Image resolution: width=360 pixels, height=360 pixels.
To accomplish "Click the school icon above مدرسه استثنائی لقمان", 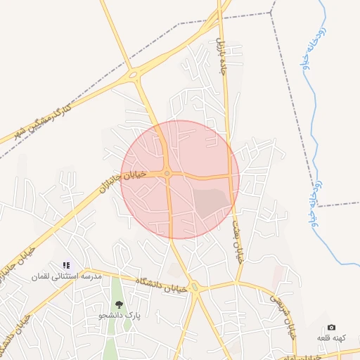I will (66, 265).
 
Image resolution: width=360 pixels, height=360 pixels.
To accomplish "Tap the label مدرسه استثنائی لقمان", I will (67, 276).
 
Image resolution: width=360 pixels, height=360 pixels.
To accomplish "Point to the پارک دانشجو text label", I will (120, 316).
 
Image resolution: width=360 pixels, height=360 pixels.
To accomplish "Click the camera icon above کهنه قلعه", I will (331, 328).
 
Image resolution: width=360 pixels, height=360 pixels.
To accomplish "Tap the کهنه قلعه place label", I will (330, 338).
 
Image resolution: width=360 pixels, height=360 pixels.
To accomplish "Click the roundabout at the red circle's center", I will (167, 174).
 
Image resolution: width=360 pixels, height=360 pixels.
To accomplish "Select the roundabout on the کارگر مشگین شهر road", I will (133, 75).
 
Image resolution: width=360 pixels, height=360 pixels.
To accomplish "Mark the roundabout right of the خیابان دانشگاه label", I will (195, 287).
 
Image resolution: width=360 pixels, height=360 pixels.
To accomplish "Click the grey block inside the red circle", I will (212, 200).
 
